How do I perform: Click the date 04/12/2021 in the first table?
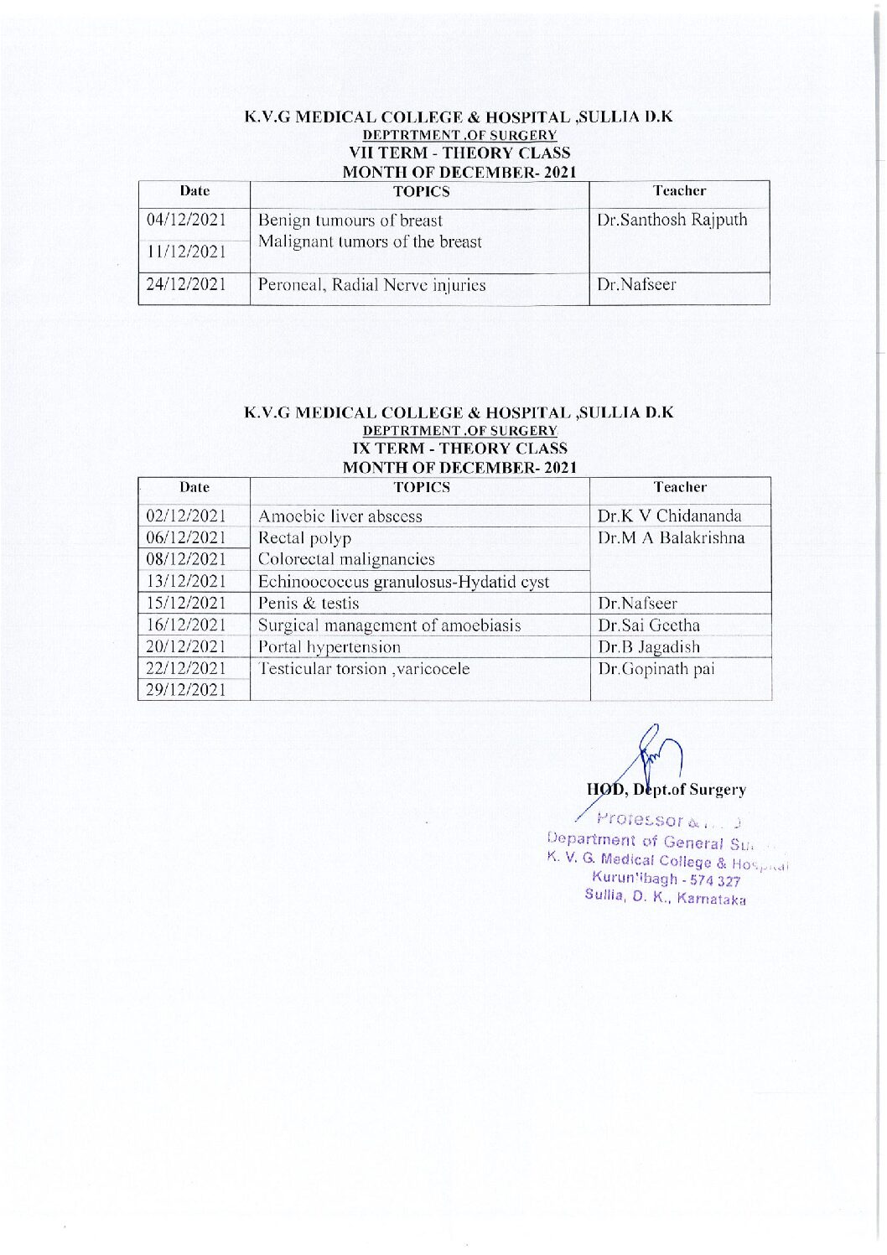(186, 220)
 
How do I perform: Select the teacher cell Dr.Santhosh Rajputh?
(672, 220)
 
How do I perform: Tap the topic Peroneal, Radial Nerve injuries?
(371, 285)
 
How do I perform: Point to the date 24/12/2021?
(186, 285)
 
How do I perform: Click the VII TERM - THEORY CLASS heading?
(459, 153)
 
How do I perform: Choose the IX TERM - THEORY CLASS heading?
(459, 449)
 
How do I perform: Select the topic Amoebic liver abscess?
(340, 516)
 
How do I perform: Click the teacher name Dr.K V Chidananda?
(669, 516)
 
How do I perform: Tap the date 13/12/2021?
(186, 581)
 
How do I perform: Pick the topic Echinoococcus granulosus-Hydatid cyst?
(403, 582)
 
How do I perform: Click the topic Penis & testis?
(309, 604)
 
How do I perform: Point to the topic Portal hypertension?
(329, 647)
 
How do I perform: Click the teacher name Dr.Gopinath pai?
(656, 669)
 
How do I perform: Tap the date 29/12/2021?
(186, 690)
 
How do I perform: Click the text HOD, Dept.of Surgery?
(666, 790)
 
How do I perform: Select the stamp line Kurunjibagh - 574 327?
(666, 879)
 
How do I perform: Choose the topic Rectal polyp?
(304, 538)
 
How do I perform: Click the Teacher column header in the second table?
(680, 487)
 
